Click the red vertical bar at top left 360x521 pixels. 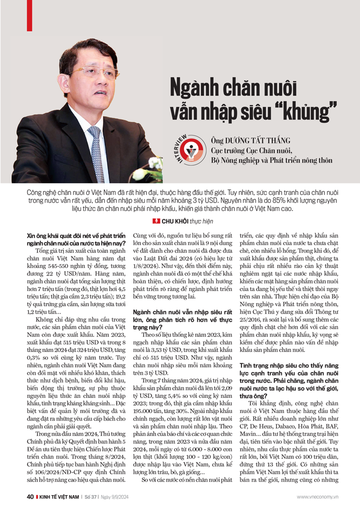click(x=29, y=16)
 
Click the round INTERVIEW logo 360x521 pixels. click(x=191, y=149)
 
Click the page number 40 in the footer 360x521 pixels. click(x=31, y=511)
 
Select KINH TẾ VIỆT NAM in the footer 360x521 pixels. click(x=59, y=511)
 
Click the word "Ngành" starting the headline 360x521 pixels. click(x=195, y=86)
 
